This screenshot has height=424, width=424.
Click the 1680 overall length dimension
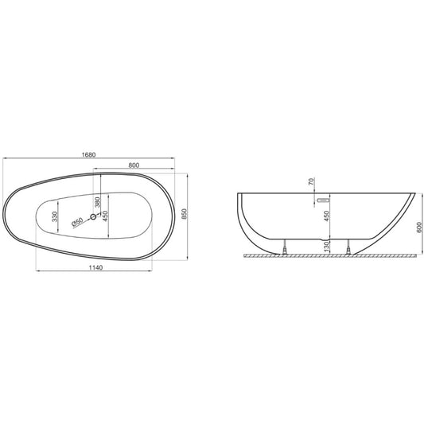[88, 154]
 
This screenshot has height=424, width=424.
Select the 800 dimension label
[134, 165]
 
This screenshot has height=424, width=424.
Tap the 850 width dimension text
[184, 214]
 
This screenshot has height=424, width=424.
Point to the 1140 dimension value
[95, 267]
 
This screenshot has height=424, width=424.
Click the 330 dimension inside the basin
[55, 216]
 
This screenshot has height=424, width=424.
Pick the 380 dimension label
[98, 202]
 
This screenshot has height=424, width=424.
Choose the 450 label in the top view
[105, 216]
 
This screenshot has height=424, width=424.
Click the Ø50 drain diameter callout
[77, 222]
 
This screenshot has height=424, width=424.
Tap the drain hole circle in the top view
[93, 216]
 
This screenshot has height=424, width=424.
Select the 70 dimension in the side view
[311, 181]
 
